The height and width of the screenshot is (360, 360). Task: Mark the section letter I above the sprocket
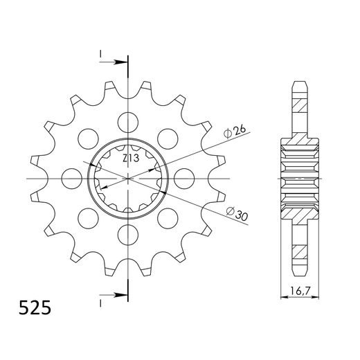[101, 53]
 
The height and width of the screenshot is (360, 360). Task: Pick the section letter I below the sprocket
[101, 303]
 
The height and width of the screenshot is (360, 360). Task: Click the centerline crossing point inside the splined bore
[129, 178]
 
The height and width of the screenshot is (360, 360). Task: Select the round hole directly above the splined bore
[129, 121]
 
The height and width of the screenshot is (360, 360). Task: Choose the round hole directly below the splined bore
[129, 235]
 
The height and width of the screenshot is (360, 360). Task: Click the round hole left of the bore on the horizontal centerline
[72, 178]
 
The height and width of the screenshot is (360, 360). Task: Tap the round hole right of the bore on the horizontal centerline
[186, 178]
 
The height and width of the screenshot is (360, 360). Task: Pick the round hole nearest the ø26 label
[169, 138]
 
